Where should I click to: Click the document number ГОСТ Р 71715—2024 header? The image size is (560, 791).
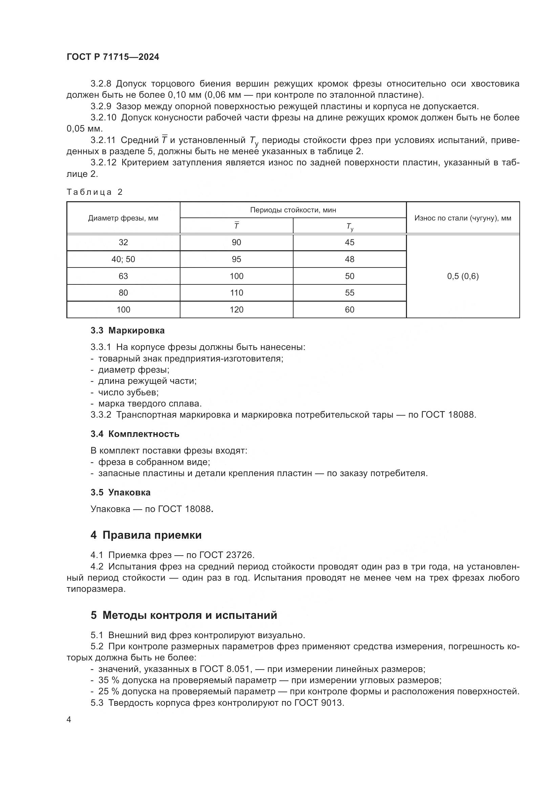113,57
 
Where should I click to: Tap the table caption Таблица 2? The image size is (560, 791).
94,192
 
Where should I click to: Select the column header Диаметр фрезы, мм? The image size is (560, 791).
123,218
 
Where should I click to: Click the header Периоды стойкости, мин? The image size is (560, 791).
293,210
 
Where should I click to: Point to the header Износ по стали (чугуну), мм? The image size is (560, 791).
463,218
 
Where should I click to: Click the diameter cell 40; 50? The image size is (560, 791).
123,259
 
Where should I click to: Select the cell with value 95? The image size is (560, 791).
236,259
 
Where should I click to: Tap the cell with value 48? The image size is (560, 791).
349,259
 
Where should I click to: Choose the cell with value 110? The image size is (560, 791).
236,293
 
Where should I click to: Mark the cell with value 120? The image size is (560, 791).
236,310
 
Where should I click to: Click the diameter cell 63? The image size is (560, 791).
123,276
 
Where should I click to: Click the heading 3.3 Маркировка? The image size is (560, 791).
128,330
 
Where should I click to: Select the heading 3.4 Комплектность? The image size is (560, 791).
135,434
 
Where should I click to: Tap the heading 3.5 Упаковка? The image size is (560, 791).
120,492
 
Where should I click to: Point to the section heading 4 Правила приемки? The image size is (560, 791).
146,535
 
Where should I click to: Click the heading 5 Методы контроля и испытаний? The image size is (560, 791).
184,615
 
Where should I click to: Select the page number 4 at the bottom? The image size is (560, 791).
69,720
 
